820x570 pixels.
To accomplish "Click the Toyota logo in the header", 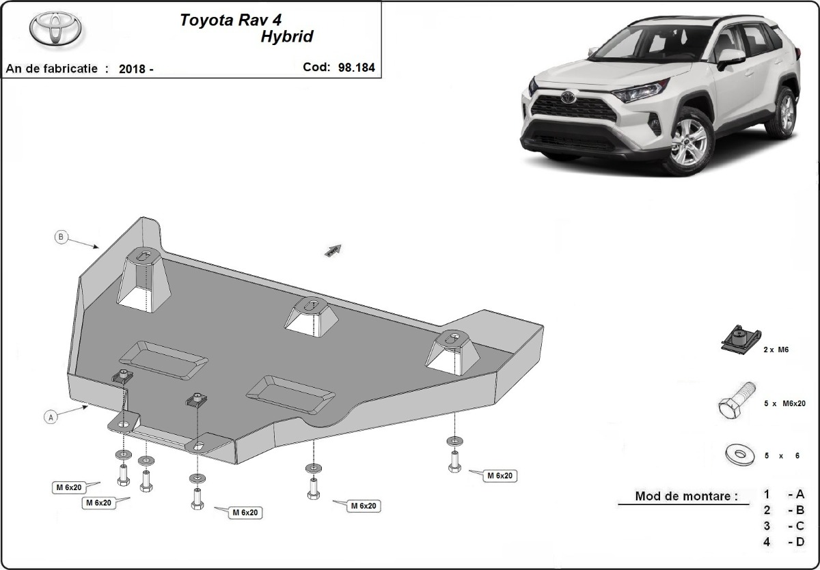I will pos(55,29).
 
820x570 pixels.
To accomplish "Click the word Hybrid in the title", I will pos(286,37).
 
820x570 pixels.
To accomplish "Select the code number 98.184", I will pos(356,68).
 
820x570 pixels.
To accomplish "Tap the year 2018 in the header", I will pos(131,69).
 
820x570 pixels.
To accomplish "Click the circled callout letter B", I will pos(61,237).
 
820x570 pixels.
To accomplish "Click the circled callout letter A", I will pos(50,417).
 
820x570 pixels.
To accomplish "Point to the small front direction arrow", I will pos(333,251).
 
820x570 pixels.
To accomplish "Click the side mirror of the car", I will pos(730,57).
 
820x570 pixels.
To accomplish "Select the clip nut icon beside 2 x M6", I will pos(739,339).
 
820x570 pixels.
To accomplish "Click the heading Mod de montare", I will pos(686,496).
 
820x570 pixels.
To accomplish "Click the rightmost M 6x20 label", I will pos(500,476).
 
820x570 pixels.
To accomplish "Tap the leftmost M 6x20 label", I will pos(70,487).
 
